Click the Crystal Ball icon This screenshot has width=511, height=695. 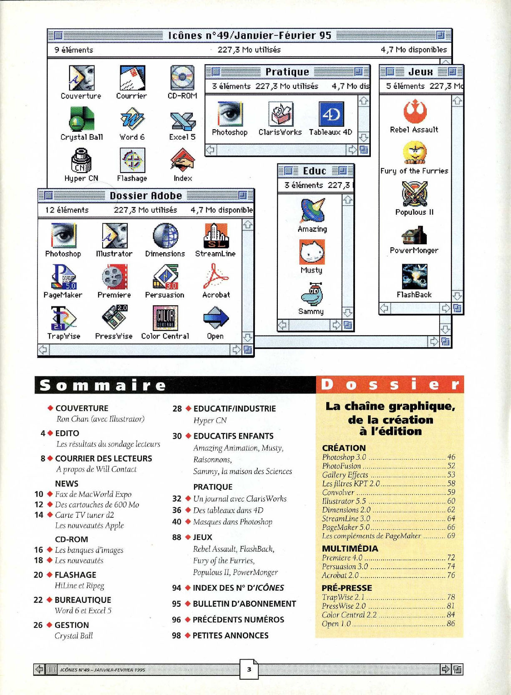click(x=82, y=119)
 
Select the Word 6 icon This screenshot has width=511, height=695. click(x=132, y=119)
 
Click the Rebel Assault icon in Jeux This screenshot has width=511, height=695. click(x=414, y=111)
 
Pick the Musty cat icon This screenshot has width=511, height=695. click(x=312, y=252)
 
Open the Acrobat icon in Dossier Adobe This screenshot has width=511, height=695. click(x=216, y=277)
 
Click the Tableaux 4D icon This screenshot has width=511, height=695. click(x=331, y=114)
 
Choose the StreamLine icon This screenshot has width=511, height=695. click(x=215, y=236)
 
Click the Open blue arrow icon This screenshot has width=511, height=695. click(x=216, y=318)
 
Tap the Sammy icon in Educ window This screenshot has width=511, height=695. click(x=311, y=294)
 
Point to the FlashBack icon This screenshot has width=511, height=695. click(x=414, y=276)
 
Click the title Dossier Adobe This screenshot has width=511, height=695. click(x=146, y=196)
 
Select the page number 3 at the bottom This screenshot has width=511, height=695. click(x=249, y=670)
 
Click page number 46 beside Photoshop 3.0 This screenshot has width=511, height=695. click(x=451, y=457)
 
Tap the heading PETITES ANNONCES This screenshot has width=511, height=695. click(x=230, y=635)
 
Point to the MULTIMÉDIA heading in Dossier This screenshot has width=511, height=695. click(x=350, y=549)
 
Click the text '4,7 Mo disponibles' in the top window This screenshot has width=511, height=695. click(x=413, y=50)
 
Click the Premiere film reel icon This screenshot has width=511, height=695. click(x=114, y=277)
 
